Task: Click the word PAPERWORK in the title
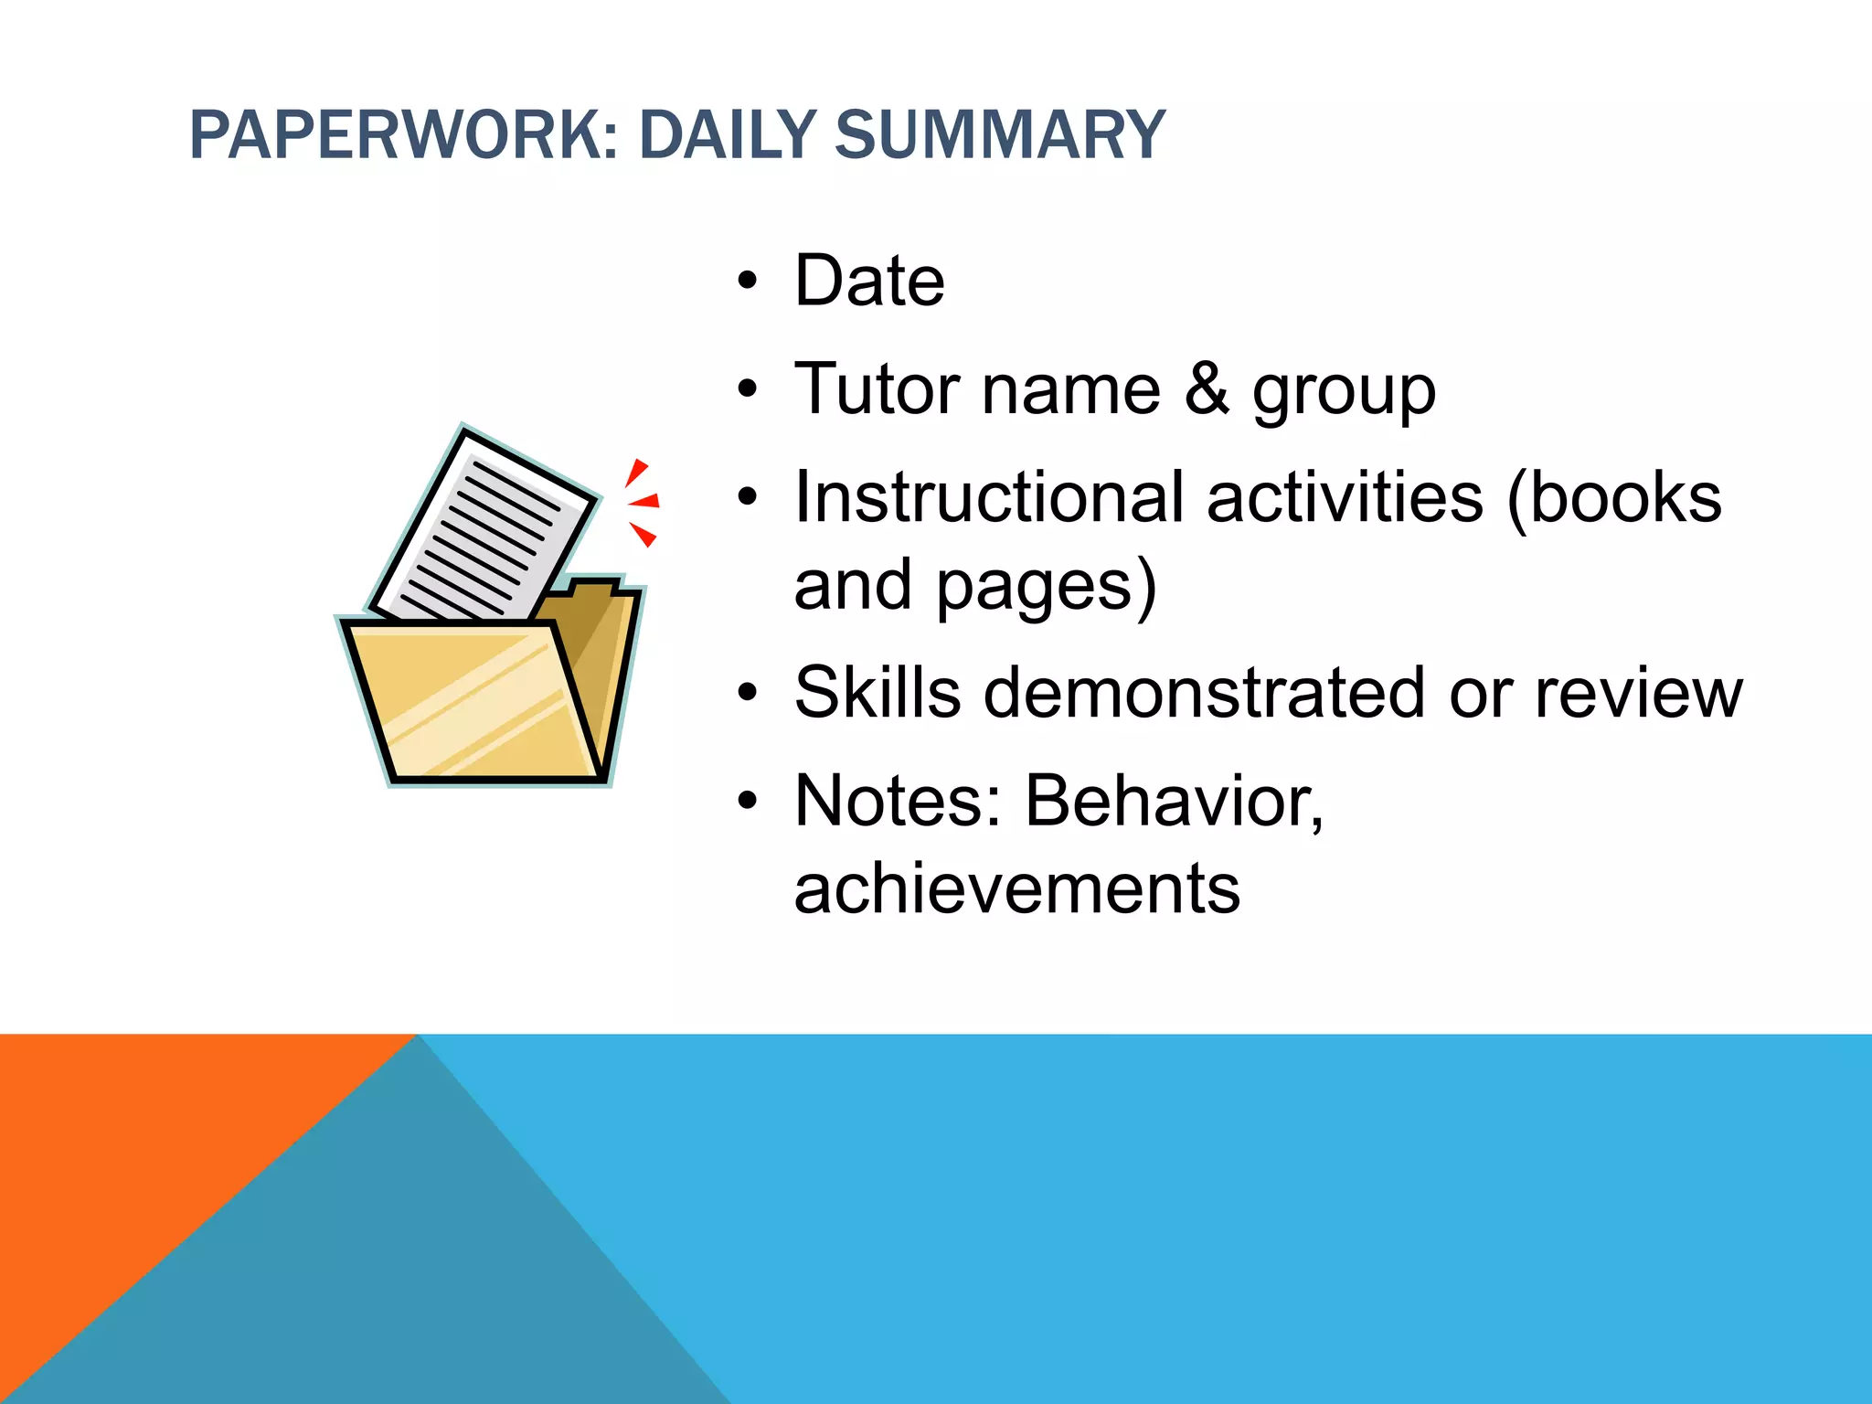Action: (403, 135)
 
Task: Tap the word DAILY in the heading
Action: (727, 135)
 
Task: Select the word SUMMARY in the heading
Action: (1000, 135)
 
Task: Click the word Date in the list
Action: (869, 281)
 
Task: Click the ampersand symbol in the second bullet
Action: (1207, 389)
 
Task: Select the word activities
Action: (1345, 498)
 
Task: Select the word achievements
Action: (1017, 888)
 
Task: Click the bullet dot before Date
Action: (748, 282)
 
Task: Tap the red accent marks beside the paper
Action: (642, 501)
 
